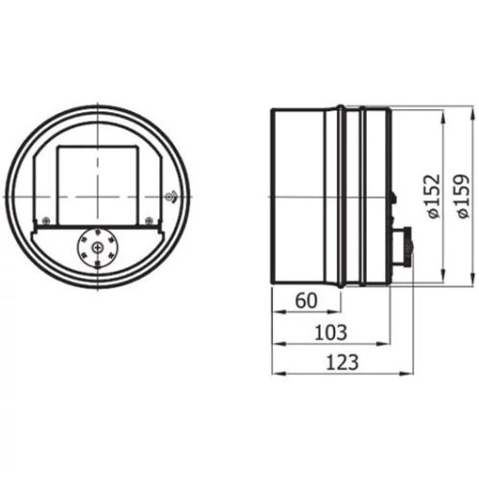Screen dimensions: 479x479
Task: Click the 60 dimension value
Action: tap(306, 300)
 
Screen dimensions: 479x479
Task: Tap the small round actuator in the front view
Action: tap(98, 250)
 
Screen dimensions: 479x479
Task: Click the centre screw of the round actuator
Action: tap(98, 250)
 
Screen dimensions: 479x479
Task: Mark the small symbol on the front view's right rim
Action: tap(170, 198)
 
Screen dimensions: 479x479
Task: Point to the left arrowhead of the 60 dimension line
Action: tap(275, 312)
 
